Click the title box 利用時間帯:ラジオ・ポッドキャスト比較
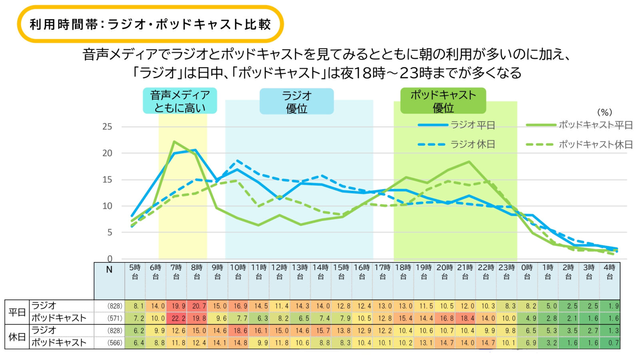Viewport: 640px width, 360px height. coord(150,24)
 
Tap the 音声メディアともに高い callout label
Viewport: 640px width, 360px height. coord(180,101)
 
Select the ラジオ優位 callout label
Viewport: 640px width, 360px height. coord(296,102)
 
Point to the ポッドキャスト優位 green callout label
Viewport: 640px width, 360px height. coord(443,101)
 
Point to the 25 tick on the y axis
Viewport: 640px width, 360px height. coord(107,127)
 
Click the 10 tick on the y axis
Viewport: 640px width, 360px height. coord(107,206)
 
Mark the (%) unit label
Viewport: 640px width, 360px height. coord(604,112)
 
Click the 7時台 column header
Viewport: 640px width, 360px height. coord(176,272)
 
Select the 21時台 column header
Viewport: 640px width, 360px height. coord(465,272)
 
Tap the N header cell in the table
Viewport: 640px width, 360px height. coord(109,270)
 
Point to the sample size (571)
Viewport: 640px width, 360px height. coord(115,318)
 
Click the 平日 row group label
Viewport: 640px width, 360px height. coord(17,312)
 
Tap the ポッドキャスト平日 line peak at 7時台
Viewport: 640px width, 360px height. coord(175,142)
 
